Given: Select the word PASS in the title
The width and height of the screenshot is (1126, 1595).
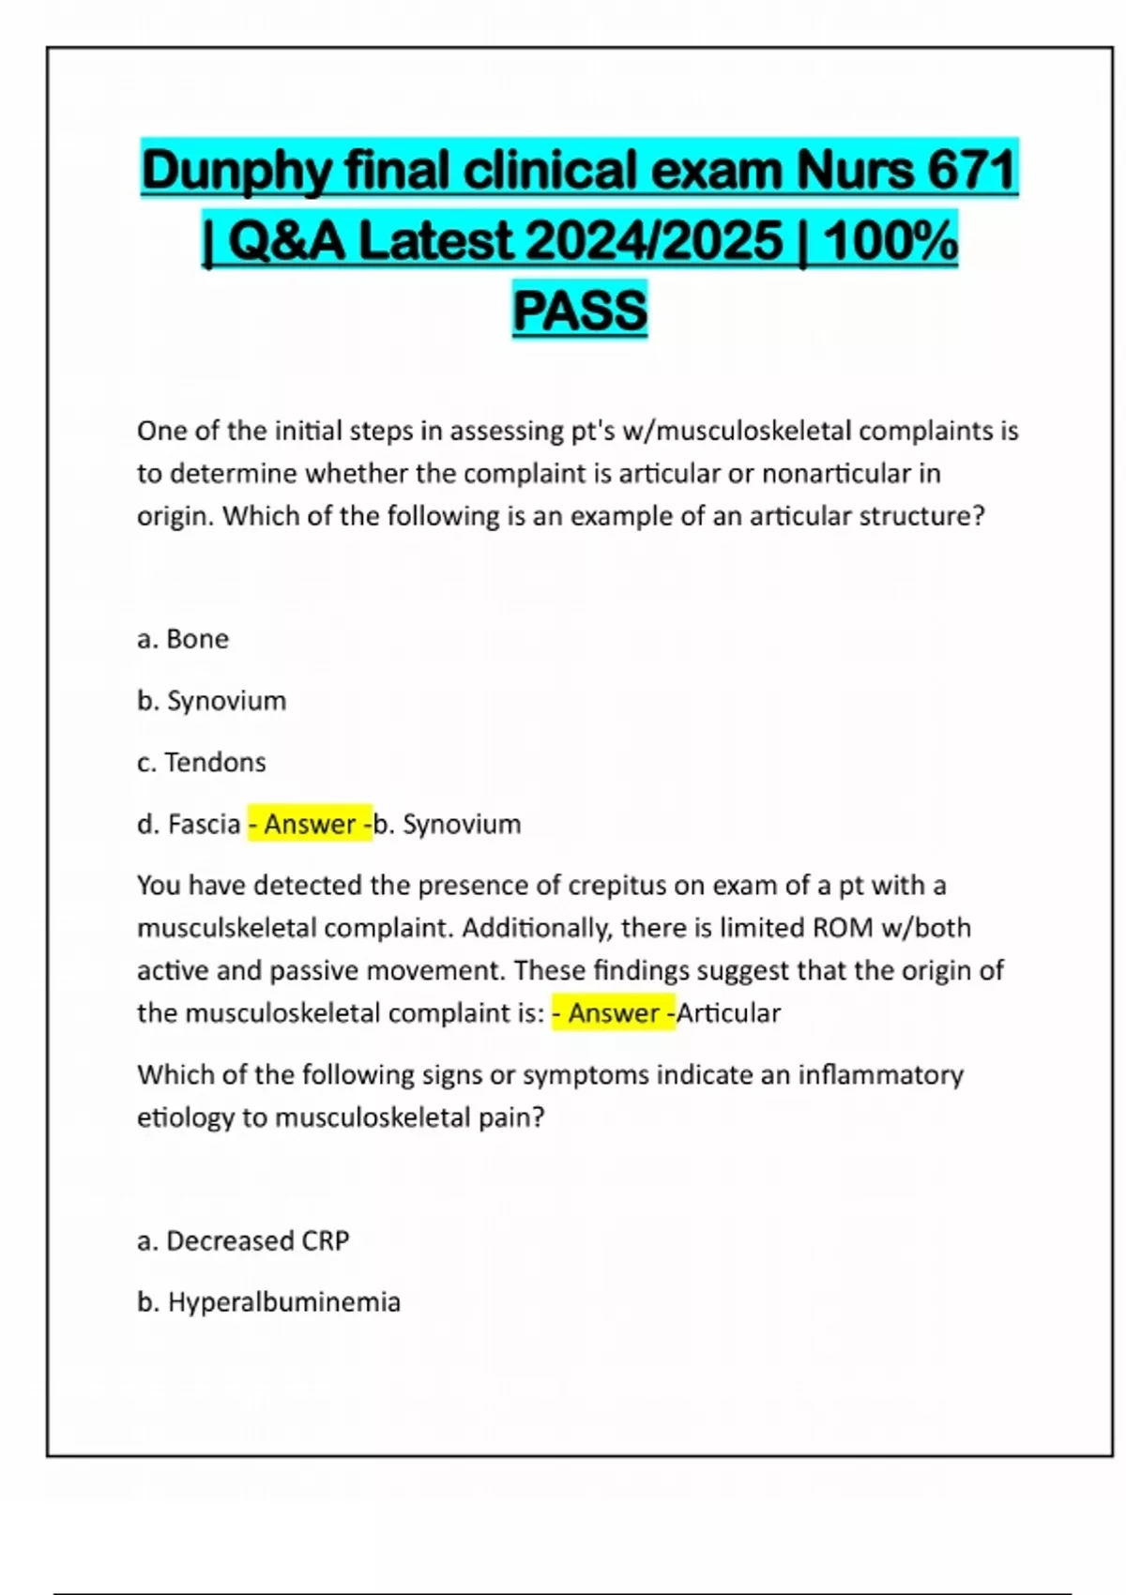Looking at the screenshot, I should click(580, 311).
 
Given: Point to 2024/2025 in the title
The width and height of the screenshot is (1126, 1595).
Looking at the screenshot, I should click(654, 241).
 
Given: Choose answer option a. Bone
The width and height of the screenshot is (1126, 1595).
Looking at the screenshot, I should click(183, 639).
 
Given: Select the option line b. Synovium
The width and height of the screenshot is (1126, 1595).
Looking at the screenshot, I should click(212, 701).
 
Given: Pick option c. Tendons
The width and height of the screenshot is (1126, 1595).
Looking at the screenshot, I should click(202, 762).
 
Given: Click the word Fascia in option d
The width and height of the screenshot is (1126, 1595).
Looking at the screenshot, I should click(204, 824).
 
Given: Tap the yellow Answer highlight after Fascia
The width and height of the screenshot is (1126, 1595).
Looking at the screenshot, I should click(310, 824).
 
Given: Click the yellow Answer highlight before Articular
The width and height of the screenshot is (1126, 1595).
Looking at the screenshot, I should click(613, 1013).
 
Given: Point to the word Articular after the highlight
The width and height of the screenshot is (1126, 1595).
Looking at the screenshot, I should click(729, 1013).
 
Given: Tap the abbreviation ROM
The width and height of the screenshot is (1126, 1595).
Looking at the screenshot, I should click(844, 928).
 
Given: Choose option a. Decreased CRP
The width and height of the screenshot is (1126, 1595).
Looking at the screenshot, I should click(243, 1240).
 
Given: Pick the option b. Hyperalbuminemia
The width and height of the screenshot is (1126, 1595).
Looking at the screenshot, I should click(269, 1302).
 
